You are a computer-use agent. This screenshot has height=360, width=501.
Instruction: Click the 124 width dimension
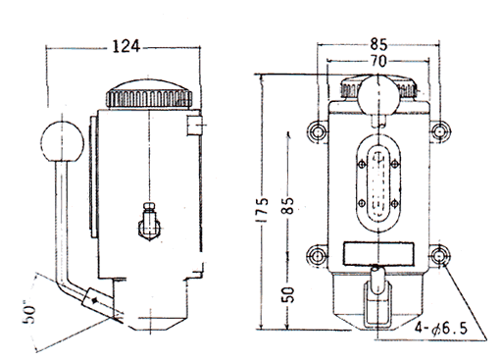[x=126, y=46]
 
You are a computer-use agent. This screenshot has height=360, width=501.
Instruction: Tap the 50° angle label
[x=29, y=314]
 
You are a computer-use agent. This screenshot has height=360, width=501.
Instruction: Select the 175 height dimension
[x=262, y=210]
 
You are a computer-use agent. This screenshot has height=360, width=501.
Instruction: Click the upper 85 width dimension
[x=378, y=44]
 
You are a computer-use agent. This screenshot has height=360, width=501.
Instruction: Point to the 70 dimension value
[x=378, y=61]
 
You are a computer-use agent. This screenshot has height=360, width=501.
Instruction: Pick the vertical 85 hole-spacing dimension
[x=288, y=205]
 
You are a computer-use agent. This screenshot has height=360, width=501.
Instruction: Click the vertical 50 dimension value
[x=288, y=294]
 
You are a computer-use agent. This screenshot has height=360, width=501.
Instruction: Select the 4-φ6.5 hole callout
[x=441, y=328]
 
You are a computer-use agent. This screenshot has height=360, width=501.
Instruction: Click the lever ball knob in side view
[x=62, y=142]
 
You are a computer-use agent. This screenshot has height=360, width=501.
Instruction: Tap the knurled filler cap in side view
[x=149, y=94]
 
